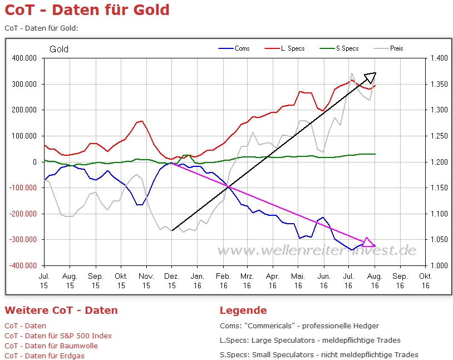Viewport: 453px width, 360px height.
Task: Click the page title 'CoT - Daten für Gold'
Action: pyautogui.click(x=87, y=10)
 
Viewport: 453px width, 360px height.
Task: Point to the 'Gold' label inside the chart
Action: pyautogui.click(x=59, y=50)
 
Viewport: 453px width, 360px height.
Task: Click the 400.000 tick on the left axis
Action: pyautogui.click(x=24, y=58)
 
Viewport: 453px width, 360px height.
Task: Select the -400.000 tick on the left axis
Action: pyautogui.click(x=23, y=265)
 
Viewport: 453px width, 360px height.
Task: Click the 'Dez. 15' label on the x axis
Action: pyautogui.click(x=172, y=280)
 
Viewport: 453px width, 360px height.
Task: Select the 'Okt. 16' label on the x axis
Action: pyautogui.click(x=425, y=280)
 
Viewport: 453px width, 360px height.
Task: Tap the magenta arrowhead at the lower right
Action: pyautogui.click(x=368, y=242)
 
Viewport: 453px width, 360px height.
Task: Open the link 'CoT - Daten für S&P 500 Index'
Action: pyautogui.click(x=58, y=336)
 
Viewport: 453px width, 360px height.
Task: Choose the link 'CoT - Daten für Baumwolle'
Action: pyautogui.click(x=51, y=346)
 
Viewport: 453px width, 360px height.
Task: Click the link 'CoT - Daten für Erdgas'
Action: pyautogui.click(x=45, y=356)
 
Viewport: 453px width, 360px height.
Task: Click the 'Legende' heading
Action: pyautogui.click(x=243, y=310)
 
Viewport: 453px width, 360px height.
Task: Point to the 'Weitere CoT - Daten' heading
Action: pyautogui.click(x=61, y=310)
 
